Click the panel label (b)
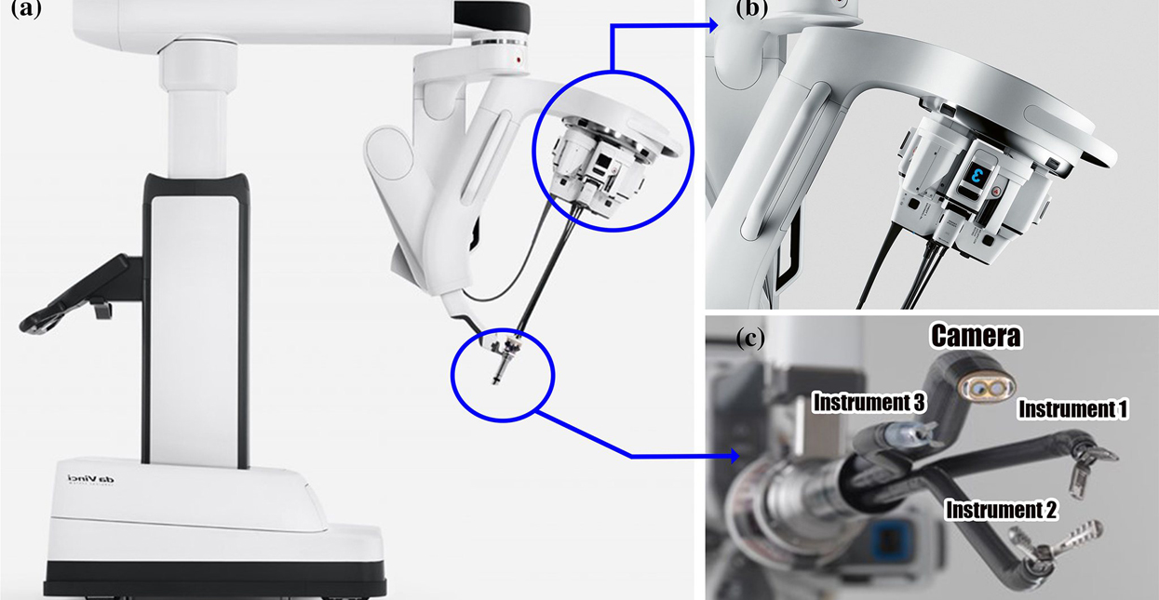tap(750, 11)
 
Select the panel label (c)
tap(750, 337)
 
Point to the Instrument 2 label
tap(1001, 509)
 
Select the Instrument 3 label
tap(869, 403)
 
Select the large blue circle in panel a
tap(610, 151)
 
